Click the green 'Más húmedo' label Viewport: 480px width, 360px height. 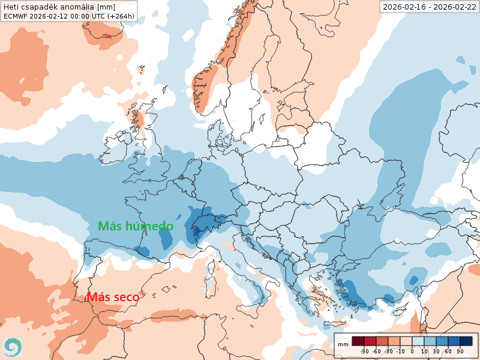[136, 226]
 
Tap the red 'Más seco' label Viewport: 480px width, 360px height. [113, 297]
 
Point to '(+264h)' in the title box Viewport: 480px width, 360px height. [119, 16]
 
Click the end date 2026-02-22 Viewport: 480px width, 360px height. [454, 7]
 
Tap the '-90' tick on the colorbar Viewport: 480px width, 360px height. [364, 351]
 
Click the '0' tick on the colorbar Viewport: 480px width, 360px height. [412, 351]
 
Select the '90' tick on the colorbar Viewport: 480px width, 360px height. [460, 351]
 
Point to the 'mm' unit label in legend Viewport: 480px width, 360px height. [343, 344]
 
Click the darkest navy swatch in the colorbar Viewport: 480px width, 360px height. [466, 341]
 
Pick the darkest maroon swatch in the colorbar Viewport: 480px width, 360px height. [358, 341]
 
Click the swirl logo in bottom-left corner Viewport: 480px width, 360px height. [12, 347]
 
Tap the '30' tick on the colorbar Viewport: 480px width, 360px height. [436, 351]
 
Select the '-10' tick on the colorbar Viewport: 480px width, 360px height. [400, 351]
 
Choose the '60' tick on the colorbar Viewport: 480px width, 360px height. [448, 351]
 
